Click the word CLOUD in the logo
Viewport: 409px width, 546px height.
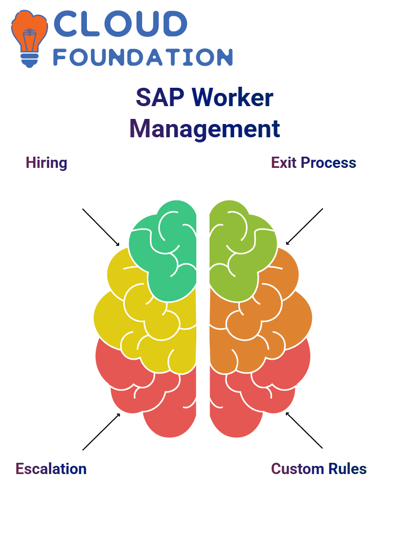click(120, 23)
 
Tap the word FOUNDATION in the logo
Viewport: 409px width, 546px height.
click(143, 57)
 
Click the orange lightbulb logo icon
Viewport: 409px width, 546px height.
click(29, 39)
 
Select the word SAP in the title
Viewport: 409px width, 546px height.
click(160, 97)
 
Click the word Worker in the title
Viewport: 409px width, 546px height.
click(233, 97)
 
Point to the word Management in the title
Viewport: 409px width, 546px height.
click(204, 129)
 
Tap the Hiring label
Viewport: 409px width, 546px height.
click(47, 163)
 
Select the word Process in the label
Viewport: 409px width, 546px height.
click(328, 163)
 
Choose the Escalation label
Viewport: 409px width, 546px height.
click(51, 469)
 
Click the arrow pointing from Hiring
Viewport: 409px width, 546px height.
click(101, 228)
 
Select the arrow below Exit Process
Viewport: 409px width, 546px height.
click(304, 227)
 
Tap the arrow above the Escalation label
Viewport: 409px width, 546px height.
click(101, 432)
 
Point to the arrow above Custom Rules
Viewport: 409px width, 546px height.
click(304, 430)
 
